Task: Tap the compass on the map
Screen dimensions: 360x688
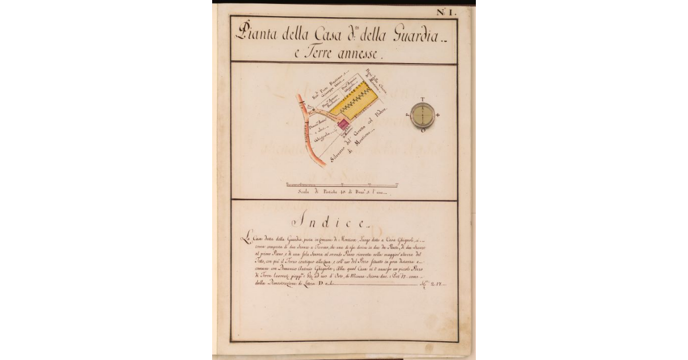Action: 423,115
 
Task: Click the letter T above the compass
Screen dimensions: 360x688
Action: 423,99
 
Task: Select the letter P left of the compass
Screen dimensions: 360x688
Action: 408,115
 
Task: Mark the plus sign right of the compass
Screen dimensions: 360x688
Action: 438,115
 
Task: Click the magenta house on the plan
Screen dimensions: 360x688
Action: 343,123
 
